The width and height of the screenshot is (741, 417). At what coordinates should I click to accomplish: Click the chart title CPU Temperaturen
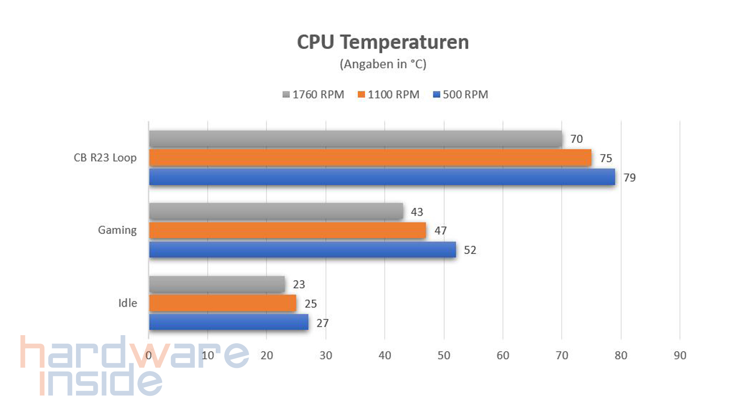pos(382,42)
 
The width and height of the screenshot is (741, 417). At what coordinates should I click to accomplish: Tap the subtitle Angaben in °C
pos(383,64)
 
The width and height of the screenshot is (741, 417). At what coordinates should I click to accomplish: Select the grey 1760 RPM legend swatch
pos(286,95)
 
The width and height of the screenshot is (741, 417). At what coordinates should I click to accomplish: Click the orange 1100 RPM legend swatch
pos(361,95)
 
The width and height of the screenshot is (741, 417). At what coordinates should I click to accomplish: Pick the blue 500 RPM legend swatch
pos(436,95)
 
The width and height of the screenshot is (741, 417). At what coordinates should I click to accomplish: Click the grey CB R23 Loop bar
pos(355,139)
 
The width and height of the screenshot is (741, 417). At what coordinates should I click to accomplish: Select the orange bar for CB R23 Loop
pos(370,158)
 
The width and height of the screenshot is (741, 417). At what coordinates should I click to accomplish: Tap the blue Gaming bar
pos(302,249)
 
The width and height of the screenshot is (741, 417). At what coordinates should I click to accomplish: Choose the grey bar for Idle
pos(217,284)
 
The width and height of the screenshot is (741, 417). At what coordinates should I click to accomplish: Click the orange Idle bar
pos(222,303)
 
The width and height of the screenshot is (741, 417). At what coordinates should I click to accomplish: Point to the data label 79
pos(629,178)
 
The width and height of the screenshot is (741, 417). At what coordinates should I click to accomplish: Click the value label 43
pos(417,212)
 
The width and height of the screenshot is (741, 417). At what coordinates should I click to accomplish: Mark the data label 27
pos(323,323)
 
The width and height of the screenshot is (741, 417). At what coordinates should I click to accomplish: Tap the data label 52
pos(470,250)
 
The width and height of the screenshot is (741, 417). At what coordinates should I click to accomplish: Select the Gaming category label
pos(117,230)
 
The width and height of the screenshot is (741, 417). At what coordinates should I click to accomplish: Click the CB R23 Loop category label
pos(105,158)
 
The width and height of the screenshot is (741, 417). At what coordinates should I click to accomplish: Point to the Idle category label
pos(127,303)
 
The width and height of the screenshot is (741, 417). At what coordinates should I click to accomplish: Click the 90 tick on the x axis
pos(680,356)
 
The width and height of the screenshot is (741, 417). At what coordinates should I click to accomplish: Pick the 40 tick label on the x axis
pos(384,356)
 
